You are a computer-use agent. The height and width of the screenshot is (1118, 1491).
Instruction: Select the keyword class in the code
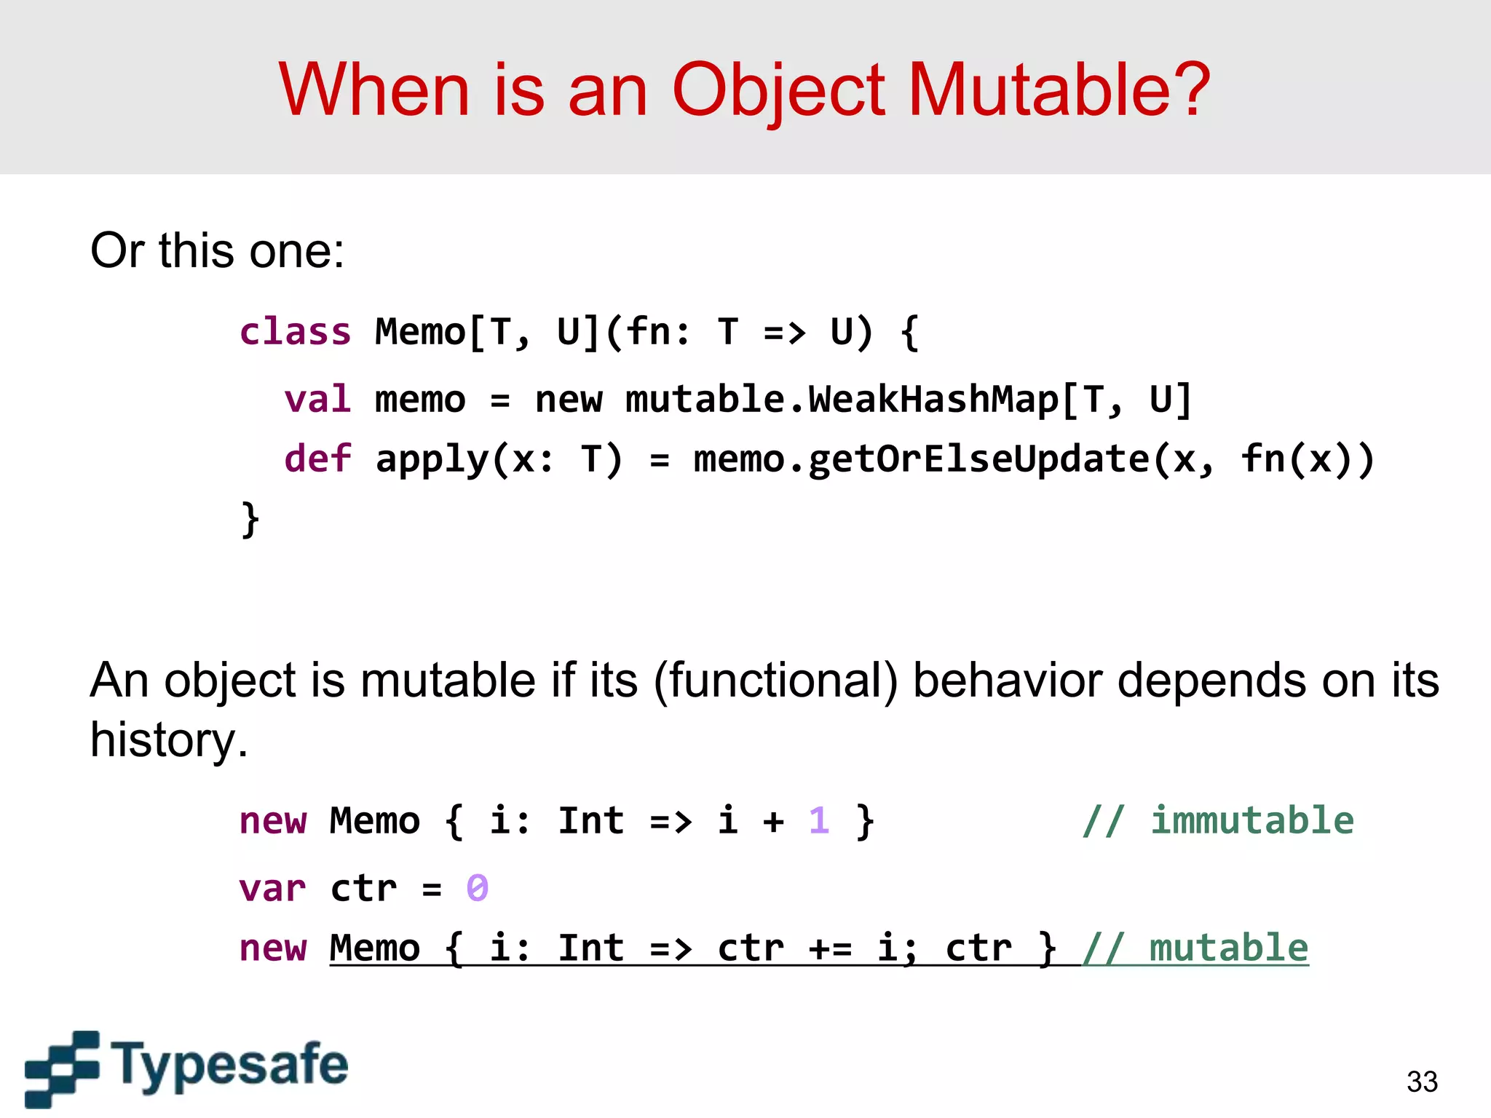tap(295, 332)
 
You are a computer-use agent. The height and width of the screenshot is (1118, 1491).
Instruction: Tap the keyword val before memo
tap(317, 400)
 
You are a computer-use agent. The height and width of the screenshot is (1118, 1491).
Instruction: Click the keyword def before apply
tap(317, 459)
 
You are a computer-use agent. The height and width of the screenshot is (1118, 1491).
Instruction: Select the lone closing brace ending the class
tap(250, 519)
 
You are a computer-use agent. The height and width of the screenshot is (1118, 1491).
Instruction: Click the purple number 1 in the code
tap(818, 821)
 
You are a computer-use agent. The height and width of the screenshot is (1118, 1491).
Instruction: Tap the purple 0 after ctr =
tap(477, 889)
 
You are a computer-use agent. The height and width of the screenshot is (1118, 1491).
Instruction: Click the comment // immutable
tap(1217, 821)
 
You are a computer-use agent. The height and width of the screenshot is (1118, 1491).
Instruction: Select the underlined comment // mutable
tap(1195, 948)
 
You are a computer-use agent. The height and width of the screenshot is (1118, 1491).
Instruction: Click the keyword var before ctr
tap(272, 889)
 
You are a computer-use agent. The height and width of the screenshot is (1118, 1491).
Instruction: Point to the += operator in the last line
tap(829, 948)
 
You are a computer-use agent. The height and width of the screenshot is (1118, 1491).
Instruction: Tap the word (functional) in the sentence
tap(776, 681)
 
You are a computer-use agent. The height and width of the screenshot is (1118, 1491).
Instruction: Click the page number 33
tap(1422, 1082)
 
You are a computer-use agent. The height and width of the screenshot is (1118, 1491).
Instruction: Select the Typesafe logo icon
tap(61, 1068)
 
